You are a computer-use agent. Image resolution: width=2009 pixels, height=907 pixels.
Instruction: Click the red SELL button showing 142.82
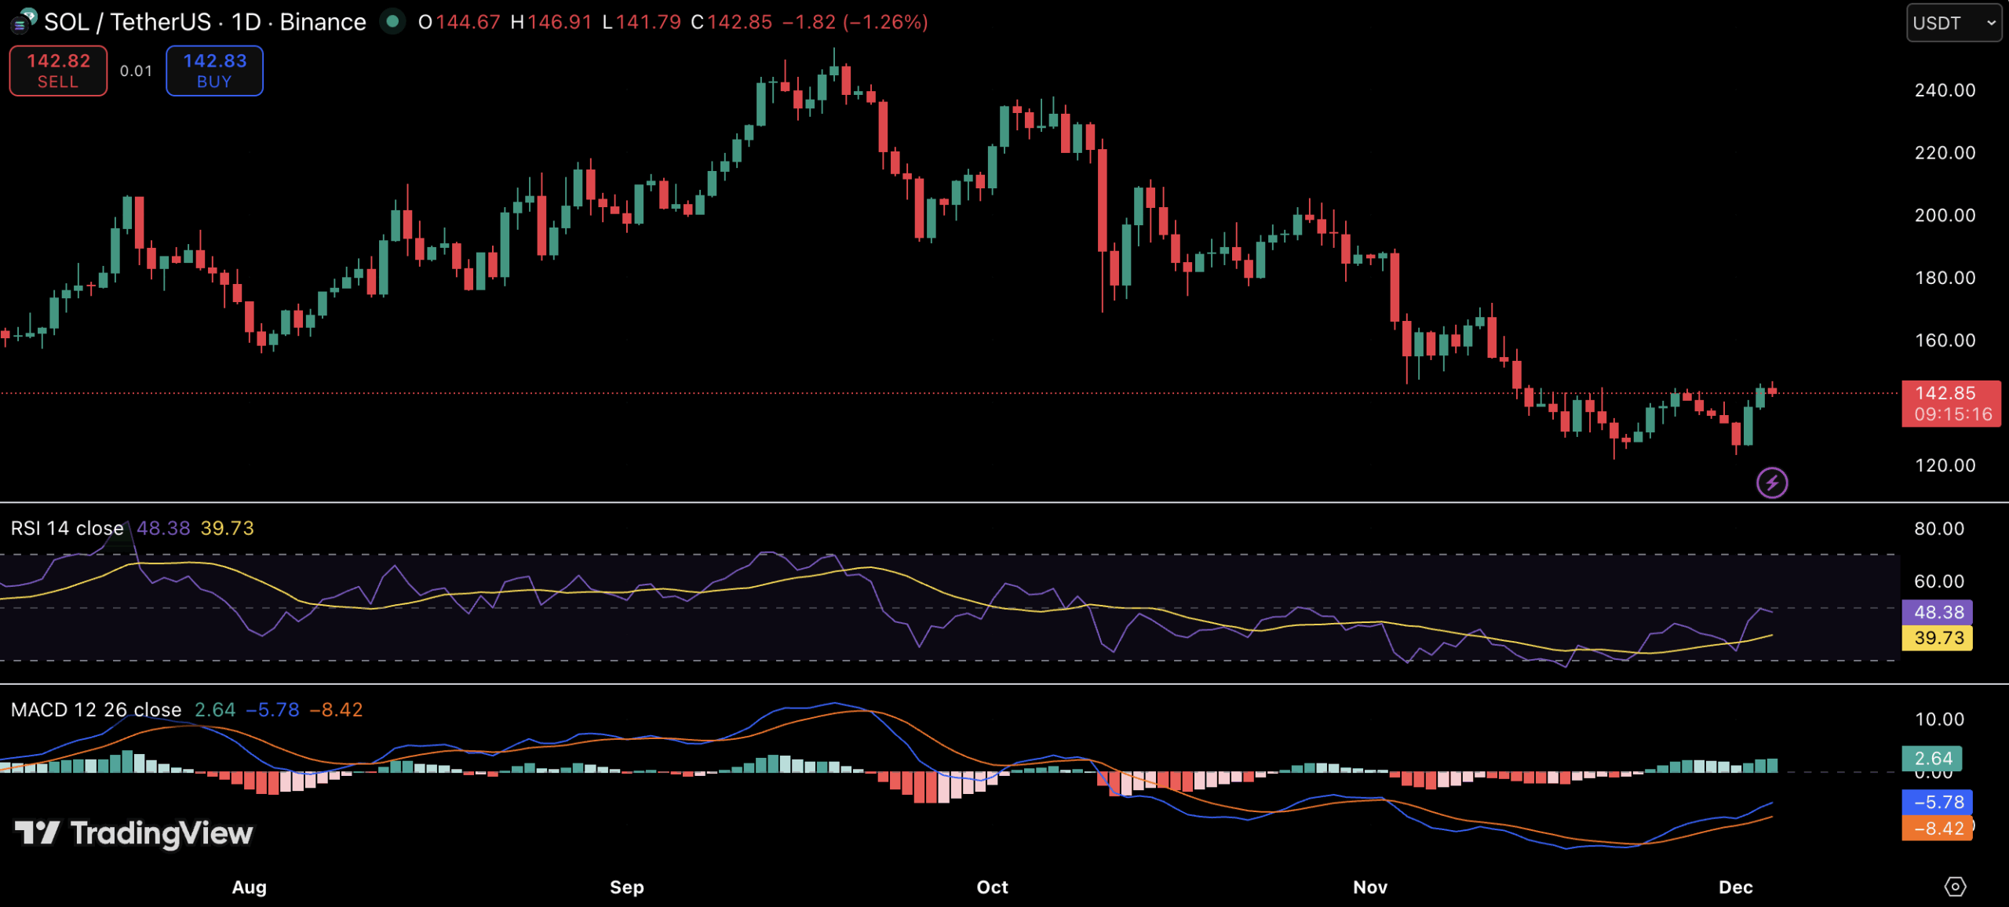[x=58, y=71]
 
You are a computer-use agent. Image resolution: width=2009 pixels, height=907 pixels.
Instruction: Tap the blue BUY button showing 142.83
[x=214, y=71]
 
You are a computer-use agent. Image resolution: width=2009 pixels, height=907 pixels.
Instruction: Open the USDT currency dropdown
[x=1953, y=23]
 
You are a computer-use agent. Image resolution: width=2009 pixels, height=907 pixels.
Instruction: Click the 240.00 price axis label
[x=1945, y=90]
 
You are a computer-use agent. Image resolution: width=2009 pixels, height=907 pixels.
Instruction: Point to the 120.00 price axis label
[x=1945, y=465]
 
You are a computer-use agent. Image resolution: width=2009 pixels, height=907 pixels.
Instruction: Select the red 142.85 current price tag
[x=1950, y=403]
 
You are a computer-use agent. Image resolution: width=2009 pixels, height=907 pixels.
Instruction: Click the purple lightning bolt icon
[x=1772, y=483]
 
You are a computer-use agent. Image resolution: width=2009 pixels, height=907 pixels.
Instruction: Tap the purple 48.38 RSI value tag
[x=1938, y=612]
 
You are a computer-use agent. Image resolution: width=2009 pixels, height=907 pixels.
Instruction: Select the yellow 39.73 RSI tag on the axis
[x=1938, y=638]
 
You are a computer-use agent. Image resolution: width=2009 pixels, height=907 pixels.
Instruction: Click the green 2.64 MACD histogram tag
[x=1932, y=758]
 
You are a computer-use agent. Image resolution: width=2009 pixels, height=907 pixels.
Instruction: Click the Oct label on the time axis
[x=992, y=887]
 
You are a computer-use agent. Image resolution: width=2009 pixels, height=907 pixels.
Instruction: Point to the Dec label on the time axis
[x=1735, y=887]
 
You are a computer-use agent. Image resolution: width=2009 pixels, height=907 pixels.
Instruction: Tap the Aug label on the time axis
[x=249, y=887]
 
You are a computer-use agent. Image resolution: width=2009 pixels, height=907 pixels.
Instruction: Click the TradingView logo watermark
[x=134, y=832]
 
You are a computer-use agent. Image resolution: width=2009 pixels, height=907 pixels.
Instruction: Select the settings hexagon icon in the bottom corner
[x=1955, y=887]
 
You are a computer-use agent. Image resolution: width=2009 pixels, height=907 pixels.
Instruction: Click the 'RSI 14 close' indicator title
[x=67, y=528]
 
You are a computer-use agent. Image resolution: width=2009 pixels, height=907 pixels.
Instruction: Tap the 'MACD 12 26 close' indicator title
[x=96, y=710]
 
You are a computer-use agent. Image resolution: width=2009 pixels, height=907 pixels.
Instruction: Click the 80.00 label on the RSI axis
[x=1938, y=528]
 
